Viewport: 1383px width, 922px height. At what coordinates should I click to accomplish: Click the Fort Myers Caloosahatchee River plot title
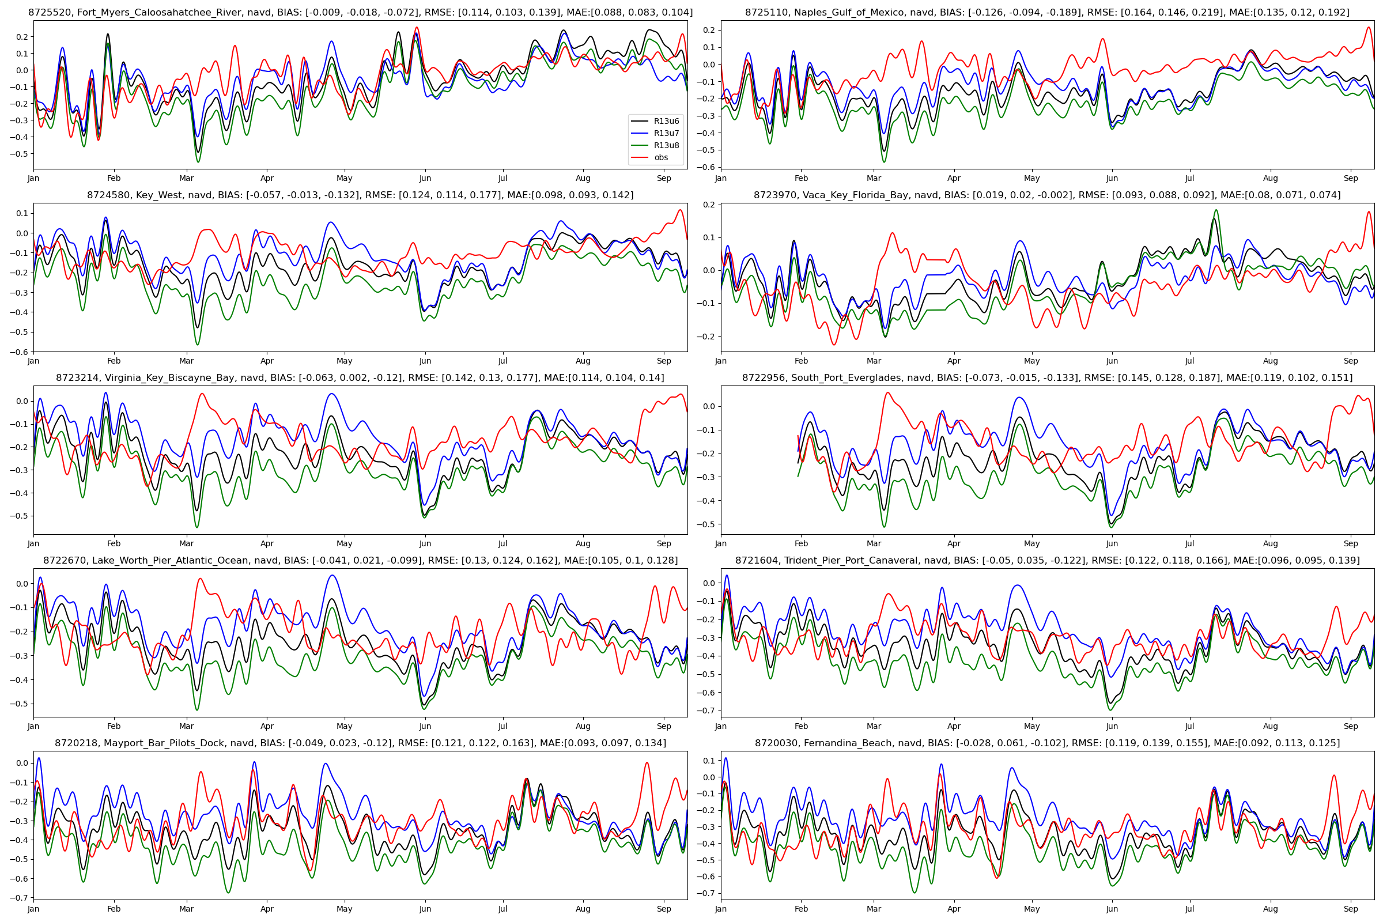click(x=360, y=12)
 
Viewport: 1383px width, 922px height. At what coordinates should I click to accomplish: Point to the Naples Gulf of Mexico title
click(x=1046, y=12)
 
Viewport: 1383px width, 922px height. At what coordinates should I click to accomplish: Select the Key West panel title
click(x=360, y=195)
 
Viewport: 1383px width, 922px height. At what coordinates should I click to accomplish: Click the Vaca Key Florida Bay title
click(x=1046, y=195)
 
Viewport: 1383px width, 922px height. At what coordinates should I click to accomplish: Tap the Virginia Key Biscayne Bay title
click(x=360, y=377)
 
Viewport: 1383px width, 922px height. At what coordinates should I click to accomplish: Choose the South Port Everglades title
click(x=1046, y=377)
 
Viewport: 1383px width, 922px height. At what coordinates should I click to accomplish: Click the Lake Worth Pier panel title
click(x=360, y=560)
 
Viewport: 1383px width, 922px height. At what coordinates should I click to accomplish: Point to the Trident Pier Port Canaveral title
click(x=1046, y=560)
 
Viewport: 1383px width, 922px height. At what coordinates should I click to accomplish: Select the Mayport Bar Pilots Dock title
click(x=360, y=743)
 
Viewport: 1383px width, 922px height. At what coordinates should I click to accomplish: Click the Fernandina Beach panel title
click(x=1046, y=743)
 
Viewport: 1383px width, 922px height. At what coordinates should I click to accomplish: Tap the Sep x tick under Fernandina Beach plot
click(x=1351, y=909)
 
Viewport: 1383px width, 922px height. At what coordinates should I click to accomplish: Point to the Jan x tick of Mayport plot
click(x=33, y=909)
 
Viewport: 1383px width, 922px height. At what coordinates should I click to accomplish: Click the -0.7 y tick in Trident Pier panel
click(x=706, y=711)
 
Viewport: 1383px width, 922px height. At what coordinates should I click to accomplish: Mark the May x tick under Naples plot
click(x=1031, y=178)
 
